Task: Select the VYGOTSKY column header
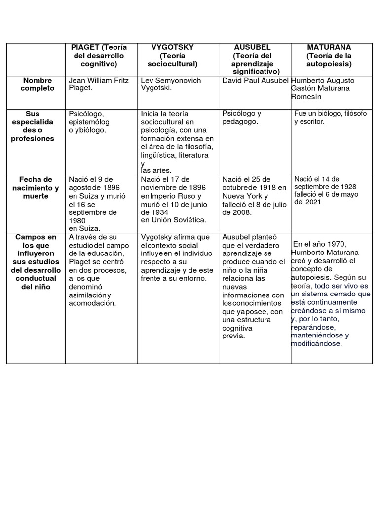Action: pos(172,47)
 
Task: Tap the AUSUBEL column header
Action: pos(252,47)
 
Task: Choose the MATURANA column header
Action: pos(329,47)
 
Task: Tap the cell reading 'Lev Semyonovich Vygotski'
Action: pos(171,84)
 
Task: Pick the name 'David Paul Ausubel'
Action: pos(255,80)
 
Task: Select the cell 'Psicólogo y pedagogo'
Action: pos(242,117)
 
